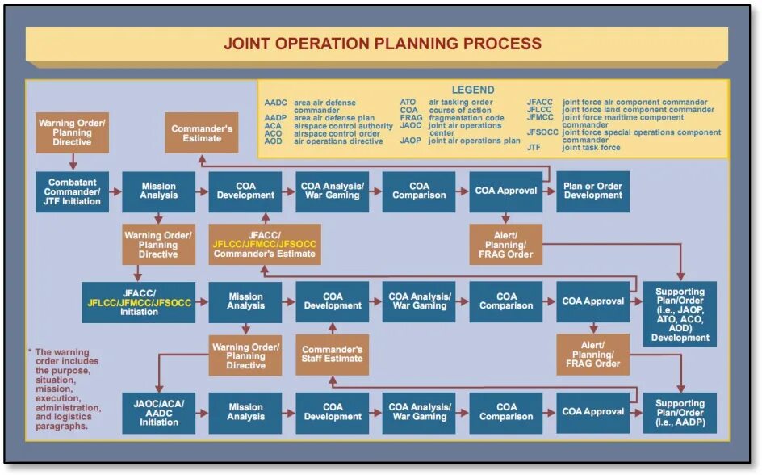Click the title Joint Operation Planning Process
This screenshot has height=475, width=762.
382,43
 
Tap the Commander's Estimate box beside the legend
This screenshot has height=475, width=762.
202,133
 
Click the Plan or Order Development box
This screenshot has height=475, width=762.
592,191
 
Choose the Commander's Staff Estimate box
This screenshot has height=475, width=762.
333,355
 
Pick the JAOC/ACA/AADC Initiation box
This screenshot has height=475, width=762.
159,413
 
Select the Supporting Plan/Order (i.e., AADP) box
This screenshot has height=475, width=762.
680,413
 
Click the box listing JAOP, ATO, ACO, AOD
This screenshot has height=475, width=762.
680,314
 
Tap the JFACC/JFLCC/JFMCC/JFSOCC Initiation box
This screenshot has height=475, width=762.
139,302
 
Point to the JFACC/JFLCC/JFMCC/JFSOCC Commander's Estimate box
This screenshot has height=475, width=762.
264,244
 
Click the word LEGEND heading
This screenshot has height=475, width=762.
473,90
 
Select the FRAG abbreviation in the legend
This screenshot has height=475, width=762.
411,118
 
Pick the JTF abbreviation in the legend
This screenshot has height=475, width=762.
534,148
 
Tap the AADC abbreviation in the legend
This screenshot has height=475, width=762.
275,103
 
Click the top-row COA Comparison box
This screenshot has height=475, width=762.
419,191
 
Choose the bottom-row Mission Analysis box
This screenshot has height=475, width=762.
245,413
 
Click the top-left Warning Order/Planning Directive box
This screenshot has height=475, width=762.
72,132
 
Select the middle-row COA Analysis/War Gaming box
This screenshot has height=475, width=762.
419,302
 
